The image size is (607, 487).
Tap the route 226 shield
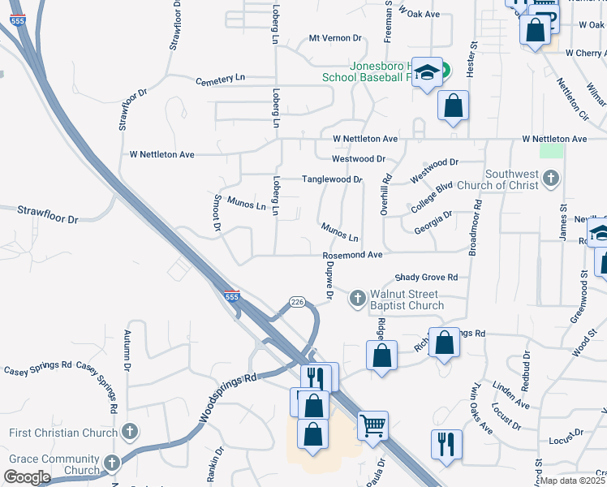(297, 303)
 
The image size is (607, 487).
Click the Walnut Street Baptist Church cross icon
(356, 300)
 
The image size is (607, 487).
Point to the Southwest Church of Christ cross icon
(551, 179)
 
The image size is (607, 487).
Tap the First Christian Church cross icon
(129, 433)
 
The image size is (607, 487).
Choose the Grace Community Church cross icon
(111, 464)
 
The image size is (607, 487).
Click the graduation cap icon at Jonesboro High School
(425, 72)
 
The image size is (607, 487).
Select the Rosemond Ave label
(352, 255)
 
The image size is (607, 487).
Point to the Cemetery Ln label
(220, 80)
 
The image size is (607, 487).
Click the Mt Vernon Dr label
(334, 38)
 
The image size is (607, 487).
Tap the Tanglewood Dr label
(331, 179)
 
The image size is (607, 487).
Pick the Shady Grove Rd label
(426, 277)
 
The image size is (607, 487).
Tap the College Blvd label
(431, 198)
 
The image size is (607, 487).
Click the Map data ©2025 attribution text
(573, 481)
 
